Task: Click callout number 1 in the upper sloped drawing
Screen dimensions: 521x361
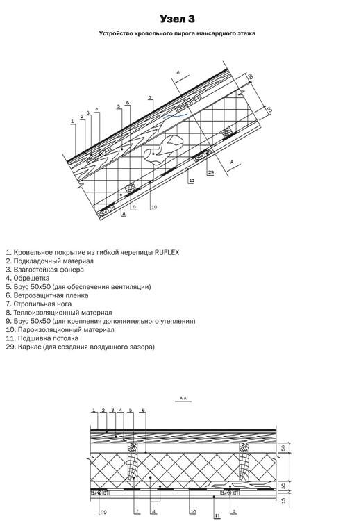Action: pyautogui.click(x=72, y=122)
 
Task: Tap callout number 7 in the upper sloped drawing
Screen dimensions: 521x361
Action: pyautogui.click(x=150, y=97)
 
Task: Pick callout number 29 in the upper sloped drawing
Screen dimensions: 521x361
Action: pyautogui.click(x=210, y=170)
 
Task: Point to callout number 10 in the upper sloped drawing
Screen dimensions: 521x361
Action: pyautogui.click(x=153, y=207)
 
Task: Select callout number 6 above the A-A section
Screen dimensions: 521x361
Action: pyautogui.click(x=143, y=411)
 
